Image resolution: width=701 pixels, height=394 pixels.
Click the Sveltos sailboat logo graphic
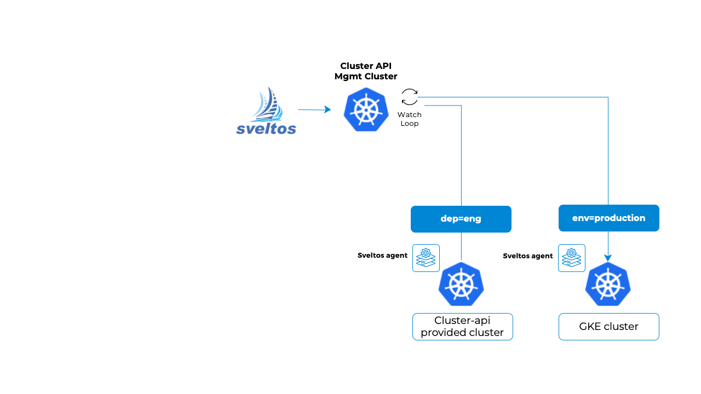coord(267,104)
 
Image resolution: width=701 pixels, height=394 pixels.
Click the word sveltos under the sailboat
coord(266,129)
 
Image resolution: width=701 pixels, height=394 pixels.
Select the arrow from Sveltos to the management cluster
coord(314,110)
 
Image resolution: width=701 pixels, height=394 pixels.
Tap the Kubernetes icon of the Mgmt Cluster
coord(366,109)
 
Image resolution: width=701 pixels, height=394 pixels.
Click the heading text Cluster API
coord(366,66)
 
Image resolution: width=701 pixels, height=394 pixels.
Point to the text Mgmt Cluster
coord(366,77)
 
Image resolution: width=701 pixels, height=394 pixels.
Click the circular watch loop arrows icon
coord(410,97)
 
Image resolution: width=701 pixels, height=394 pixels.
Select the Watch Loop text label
coord(410,119)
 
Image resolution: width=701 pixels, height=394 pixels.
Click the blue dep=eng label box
coord(461,219)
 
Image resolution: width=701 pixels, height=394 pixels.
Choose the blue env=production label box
coord(608,218)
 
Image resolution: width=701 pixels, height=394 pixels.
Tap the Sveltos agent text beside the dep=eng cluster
coord(382,255)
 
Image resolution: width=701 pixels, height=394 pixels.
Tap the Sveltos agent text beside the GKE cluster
coord(528,255)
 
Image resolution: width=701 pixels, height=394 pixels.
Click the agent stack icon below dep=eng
coord(426,258)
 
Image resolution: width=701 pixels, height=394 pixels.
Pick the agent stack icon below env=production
coord(572,258)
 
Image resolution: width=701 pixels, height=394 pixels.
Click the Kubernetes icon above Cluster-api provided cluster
coord(461,284)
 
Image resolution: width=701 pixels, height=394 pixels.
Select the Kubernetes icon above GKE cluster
coord(608,284)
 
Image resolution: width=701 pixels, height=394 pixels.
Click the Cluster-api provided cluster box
coord(462,327)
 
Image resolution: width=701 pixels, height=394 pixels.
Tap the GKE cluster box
coord(608,327)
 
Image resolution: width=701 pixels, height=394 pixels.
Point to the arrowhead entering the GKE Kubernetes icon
coord(608,258)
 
